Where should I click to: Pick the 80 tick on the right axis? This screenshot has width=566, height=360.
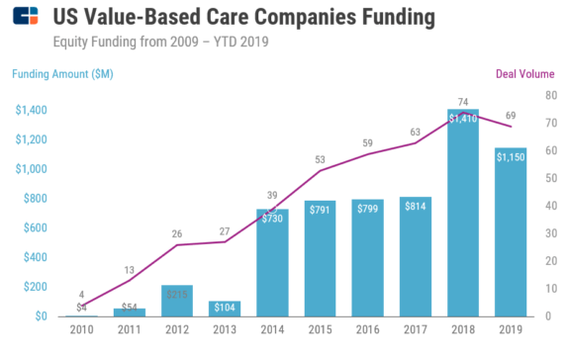point(551,95)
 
